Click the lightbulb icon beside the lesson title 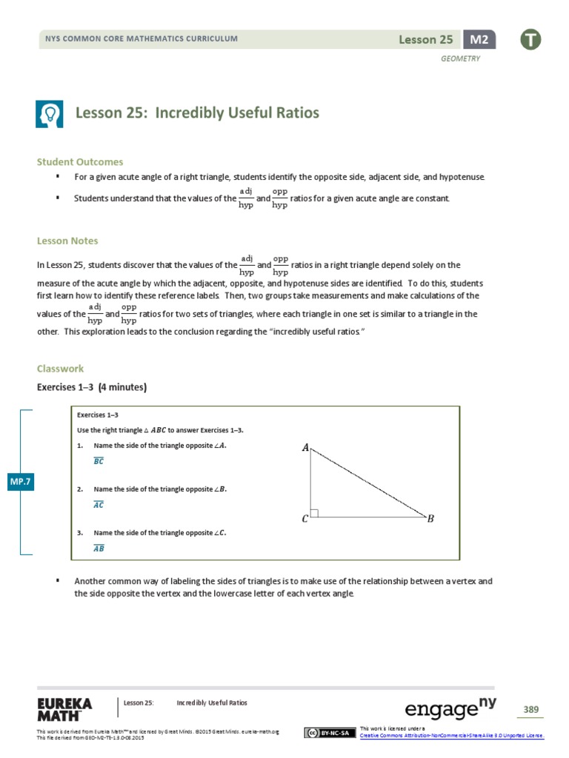tap(50, 113)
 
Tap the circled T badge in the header tap(530, 39)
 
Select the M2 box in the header tap(479, 39)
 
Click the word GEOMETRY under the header tap(461, 59)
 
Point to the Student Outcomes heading tap(80, 161)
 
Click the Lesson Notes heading tap(67, 241)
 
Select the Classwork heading tap(60, 368)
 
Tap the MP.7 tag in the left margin tap(19, 482)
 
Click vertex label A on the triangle tap(305, 447)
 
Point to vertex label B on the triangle tap(430, 519)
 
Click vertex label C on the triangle tap(305, 519)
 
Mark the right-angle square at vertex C tap(315, 512)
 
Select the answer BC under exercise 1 tap(99, 461)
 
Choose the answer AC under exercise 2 tap(99, 505)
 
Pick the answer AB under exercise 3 tap(99, 549)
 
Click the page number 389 tap(530, 710)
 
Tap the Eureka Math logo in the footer tap(64, 708)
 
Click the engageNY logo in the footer tap(450, 709)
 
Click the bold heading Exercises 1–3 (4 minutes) tap(92, 387)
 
